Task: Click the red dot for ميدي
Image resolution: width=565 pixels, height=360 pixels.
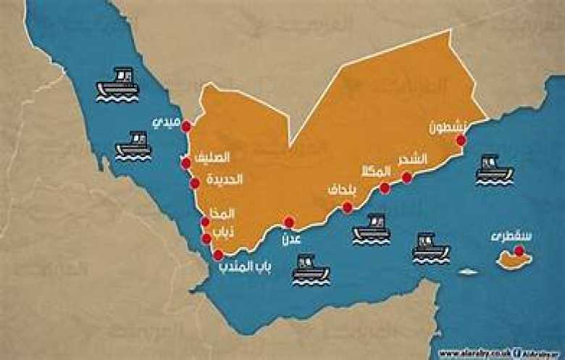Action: [186, 126]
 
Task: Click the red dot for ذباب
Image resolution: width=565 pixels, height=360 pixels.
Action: [206, 238]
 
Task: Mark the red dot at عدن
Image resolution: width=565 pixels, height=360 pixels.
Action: [289, 222]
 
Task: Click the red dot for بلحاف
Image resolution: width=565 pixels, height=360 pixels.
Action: [348, 207]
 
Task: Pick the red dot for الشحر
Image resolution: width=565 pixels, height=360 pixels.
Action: [407, 177]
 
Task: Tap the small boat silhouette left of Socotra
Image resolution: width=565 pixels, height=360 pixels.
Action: [469, 272]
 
